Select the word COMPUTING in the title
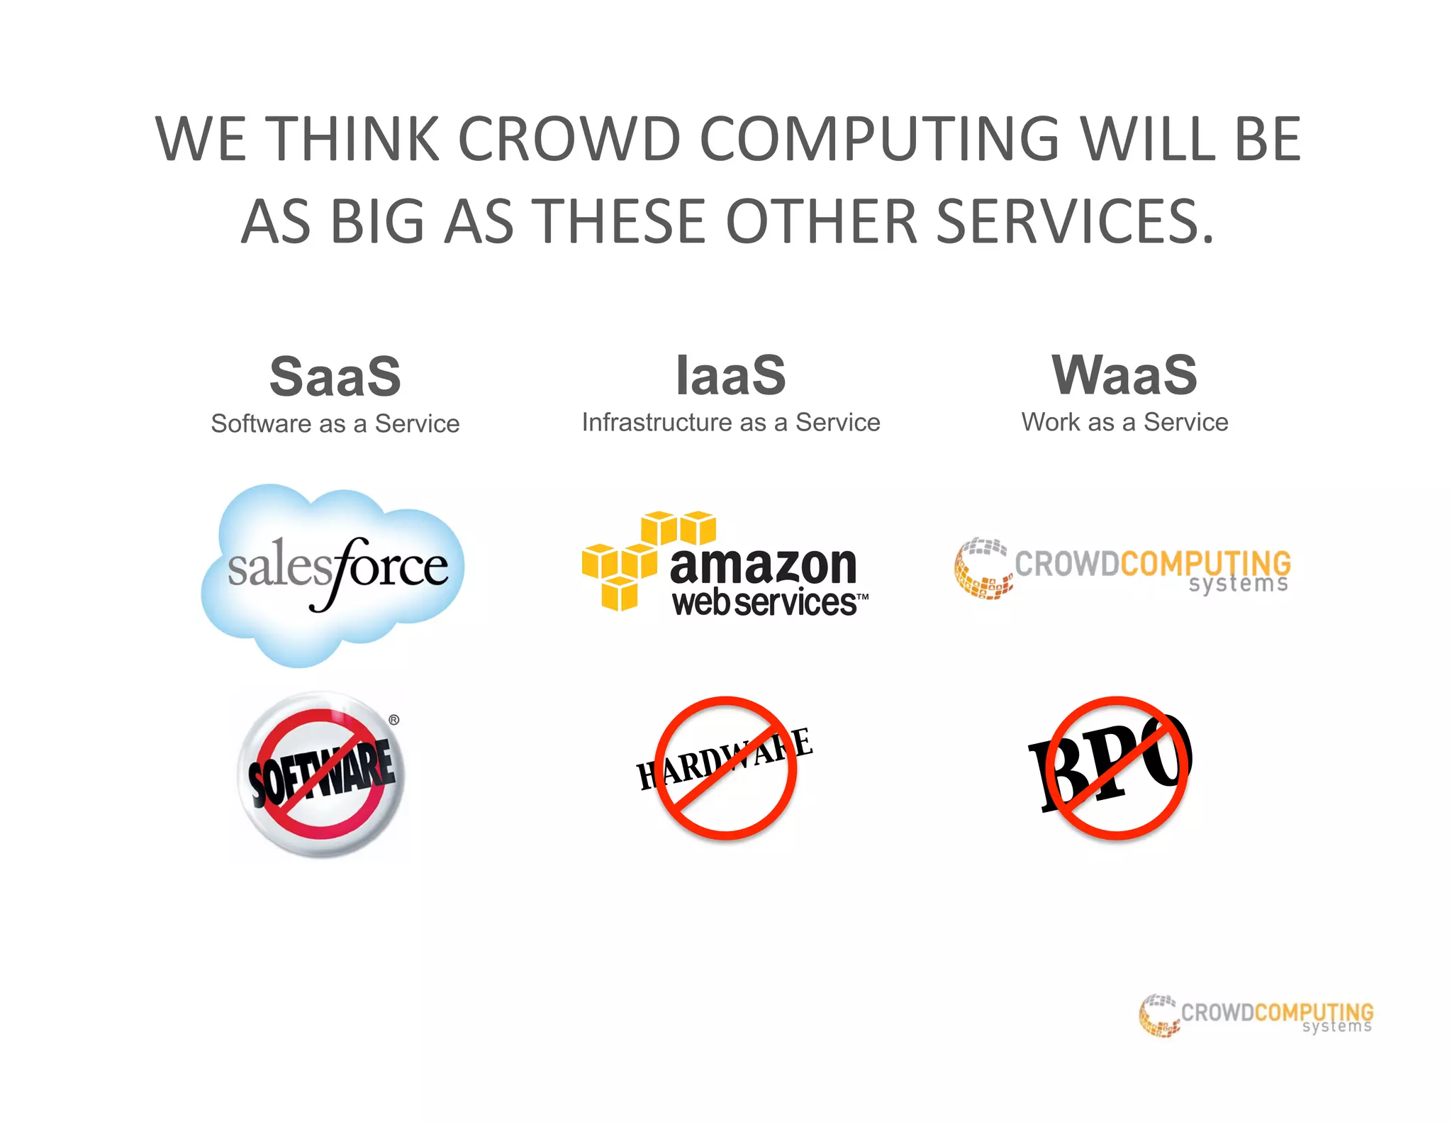(x=880, y=139)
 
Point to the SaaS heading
(x=335, y=376)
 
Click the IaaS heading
(x=731, y=375)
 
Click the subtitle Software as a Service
(x=335, y=423)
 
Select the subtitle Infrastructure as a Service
(x=731, y=422)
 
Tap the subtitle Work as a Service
(x=1124, y=422)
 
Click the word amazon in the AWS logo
(x=764, y=565)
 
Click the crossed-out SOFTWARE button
(x=321, y=774)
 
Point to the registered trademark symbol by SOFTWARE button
(x=394, y=720)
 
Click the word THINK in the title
(x=356, y=139)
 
